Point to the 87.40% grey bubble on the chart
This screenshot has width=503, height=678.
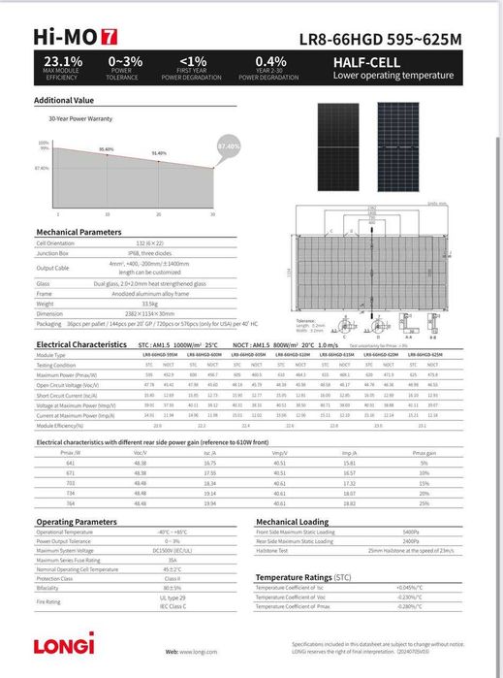coord(228,146)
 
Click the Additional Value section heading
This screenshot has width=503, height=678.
coord(64,100)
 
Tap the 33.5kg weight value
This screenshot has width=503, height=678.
coord(175,303)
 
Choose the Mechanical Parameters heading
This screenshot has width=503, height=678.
coord(79,232)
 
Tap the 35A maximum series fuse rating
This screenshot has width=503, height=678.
coord(173,560)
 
